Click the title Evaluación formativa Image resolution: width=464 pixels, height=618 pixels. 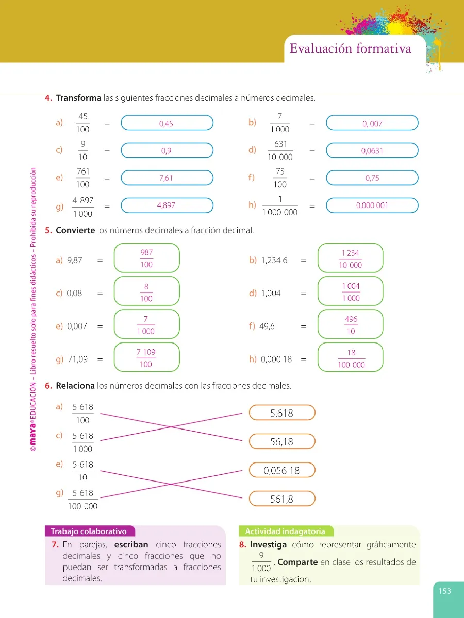coord(351,48)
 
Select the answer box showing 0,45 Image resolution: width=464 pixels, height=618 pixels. coord(167,123)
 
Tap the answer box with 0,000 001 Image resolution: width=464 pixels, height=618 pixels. coord(372,205)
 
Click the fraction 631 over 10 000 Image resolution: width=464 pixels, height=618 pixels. coord(280,150)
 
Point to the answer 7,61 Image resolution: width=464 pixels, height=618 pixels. coord(166,178)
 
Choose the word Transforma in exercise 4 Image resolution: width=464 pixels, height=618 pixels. coord(78,98)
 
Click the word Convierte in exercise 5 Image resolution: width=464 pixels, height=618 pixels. coord(75,230)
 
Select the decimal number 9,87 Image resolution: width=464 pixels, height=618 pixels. coord(75,260)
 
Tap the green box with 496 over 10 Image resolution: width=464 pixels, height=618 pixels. coord(351,324)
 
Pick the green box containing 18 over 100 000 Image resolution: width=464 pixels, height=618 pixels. coord(351,357)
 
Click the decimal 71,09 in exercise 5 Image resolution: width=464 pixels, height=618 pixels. coord(78,359)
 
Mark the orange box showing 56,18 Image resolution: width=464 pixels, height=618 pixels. coord(282,441)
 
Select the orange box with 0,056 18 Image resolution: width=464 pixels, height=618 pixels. coord(282,470)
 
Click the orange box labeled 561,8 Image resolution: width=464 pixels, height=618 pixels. coord(282,499)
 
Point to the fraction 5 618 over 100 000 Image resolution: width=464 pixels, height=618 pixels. coord(82,500)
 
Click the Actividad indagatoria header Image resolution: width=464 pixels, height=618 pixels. coord(286,531)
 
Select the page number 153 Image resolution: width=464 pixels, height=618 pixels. coord(445,591)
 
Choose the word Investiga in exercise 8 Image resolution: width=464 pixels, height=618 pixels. coord(268,545)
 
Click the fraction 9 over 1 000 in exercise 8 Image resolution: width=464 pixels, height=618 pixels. coord(261,562)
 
